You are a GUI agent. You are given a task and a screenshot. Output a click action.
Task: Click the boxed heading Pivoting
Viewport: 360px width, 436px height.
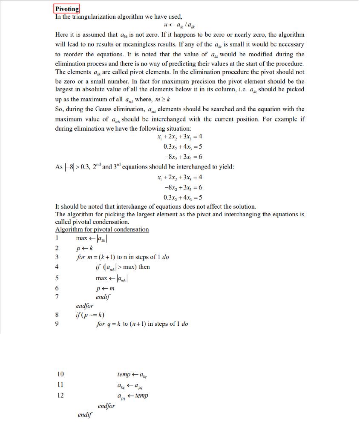(x=67, y=9)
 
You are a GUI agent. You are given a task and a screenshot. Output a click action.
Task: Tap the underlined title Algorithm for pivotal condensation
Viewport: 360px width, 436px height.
(x=102, y=229)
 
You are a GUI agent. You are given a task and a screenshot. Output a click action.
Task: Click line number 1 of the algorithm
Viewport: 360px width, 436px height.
(x=57, y=238)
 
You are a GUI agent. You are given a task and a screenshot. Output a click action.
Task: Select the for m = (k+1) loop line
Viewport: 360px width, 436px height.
(x=122, y=257)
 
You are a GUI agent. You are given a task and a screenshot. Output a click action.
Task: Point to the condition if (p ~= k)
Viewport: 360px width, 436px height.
(x=89, y=315)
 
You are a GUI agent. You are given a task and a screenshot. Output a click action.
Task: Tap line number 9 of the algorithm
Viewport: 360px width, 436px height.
(x=58, y=324)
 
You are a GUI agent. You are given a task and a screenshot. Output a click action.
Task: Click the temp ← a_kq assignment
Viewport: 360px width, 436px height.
(x=133, y=375)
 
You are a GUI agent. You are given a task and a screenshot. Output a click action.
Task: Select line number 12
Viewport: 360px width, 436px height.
(x=60, y=395)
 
